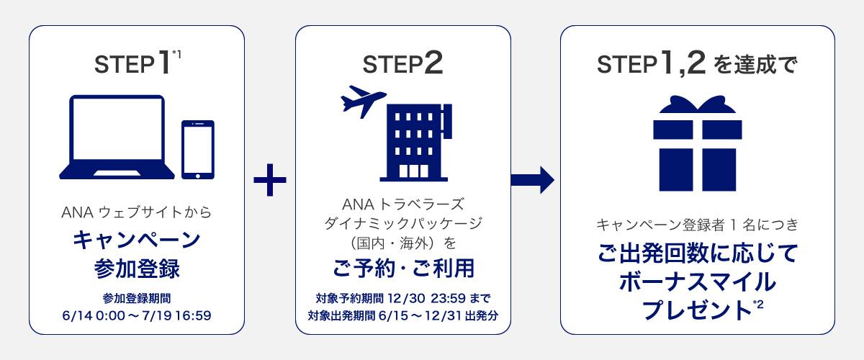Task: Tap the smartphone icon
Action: click(x=198, y=148)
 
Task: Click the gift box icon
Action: click(x=697, y=146)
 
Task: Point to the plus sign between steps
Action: click(x=270, y=180)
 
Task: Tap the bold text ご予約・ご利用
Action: click(x=403, y=269)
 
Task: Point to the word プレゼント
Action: click(x=695, y=310)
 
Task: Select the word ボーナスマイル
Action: click(x=697, y=282)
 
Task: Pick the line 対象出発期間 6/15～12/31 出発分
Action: click(x=403, y=315)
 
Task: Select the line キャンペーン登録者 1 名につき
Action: click(x=697, y=226)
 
